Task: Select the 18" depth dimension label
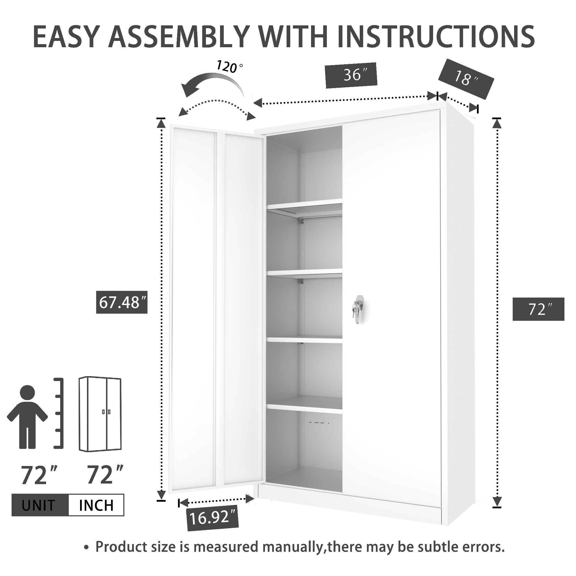(x=466, y=79)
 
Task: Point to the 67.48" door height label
(x=122, y=302)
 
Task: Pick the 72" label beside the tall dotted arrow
(x=538, y=309)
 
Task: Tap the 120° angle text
(x=229, y=67)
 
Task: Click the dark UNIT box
(x=40, y=505)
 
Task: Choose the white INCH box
(x=96, y=505)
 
